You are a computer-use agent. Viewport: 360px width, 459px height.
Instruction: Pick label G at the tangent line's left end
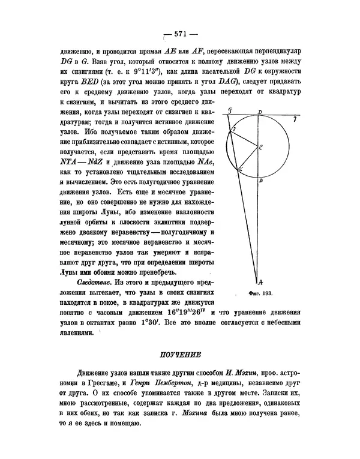pos(230,112)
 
